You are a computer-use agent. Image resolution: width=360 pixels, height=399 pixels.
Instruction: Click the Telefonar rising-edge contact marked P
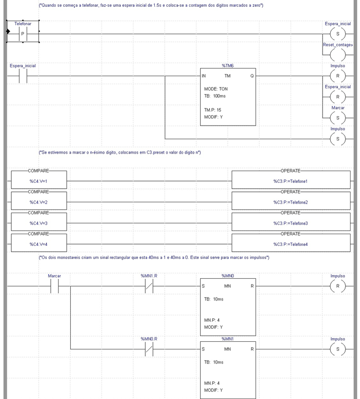click(22, 34)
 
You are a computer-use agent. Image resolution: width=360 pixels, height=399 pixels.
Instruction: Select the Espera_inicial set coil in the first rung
click(337, 34)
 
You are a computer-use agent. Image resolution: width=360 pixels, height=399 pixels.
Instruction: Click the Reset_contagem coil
click(337, 55)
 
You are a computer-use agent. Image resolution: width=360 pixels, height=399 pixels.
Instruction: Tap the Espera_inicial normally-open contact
click(22, 76)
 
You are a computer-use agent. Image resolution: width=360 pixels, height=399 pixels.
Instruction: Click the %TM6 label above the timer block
click(228, 66)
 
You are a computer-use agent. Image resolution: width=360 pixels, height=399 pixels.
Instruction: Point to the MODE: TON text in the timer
click(216, 89)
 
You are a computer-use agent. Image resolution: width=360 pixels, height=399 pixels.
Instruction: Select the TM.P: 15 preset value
click(212, 109)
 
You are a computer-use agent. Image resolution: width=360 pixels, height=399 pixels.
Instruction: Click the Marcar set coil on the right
click(337, 118)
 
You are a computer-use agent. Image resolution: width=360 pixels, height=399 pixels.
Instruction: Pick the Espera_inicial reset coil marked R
click(337, 97)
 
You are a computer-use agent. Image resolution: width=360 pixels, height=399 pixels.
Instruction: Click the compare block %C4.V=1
click(38, 181)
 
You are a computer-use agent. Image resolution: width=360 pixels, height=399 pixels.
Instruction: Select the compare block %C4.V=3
click(38, 223)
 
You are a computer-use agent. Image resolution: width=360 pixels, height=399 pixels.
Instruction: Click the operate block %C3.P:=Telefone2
click(290, 202)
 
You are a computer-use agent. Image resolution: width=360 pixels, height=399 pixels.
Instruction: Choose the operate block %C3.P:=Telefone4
click(290, 245)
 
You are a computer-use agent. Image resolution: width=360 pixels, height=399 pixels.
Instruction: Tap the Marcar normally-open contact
click(54, 286)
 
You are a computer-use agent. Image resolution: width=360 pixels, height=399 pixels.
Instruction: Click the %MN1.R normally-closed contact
click(149, 286)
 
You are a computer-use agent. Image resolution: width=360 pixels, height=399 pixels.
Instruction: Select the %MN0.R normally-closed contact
click(149, 349)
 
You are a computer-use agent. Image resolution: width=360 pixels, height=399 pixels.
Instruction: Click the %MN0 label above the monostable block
click(228, 276)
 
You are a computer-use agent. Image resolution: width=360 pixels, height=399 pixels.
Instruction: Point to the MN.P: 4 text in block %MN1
click(212, 383)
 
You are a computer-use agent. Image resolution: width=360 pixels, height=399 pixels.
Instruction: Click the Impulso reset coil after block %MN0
click(337, 286)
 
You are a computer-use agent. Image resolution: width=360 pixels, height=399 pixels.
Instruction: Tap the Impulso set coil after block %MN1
click(337, 349)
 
